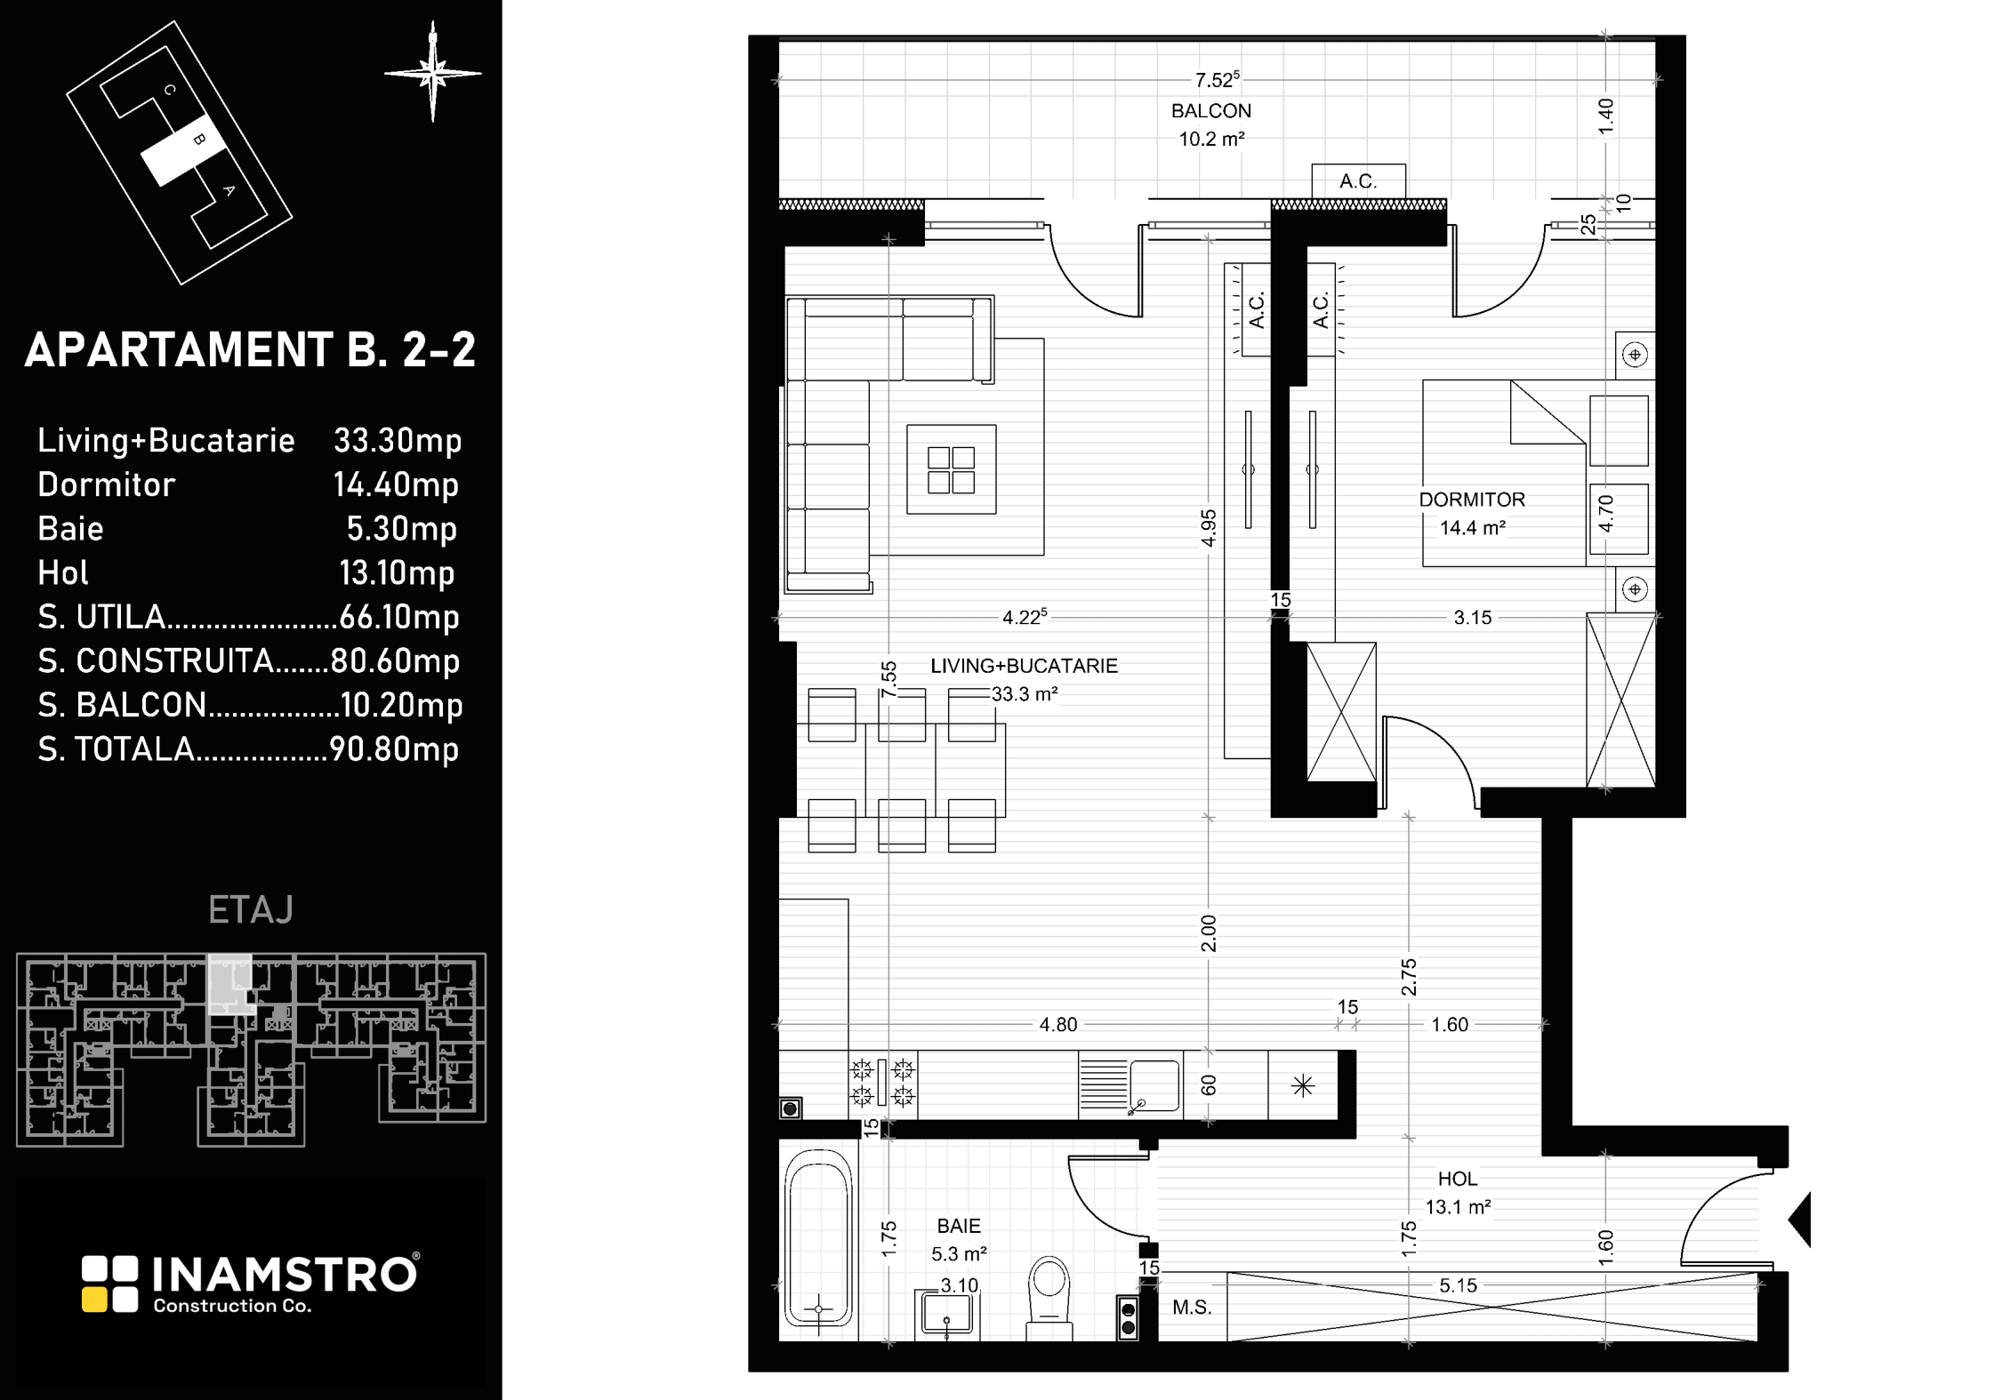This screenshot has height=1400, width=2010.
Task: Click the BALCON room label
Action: click(1210, 111)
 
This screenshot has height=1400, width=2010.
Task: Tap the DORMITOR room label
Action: click(1472, 500)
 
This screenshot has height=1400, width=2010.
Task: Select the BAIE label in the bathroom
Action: click(959, 1226)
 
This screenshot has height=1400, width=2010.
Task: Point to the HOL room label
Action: click(1458, 1179)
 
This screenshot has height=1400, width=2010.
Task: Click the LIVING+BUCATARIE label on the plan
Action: click(1024, 666)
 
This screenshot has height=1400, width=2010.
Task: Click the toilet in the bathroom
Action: click(1049, 1299)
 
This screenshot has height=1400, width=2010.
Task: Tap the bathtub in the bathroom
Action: click(818, 1244)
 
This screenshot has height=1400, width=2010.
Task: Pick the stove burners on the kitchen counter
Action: click(882, 1083)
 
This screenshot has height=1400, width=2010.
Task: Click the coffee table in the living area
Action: click(951, 469)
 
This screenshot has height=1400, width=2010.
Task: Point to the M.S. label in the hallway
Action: click(1192, 1308)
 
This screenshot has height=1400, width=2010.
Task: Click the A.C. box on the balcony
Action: click(1358, 181)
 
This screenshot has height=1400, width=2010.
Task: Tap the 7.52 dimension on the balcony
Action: click(1217, 80)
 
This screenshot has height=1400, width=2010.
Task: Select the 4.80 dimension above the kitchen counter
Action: click(1058, 1025)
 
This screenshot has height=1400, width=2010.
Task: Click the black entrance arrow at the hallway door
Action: click(1799, 1220)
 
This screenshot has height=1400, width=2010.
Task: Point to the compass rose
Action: click(433, 72)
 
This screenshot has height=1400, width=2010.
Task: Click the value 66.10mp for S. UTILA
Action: click(399, 617)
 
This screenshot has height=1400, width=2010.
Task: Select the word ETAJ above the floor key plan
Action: click(251, 909)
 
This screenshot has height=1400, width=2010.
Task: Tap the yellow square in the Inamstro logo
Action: click(93, 1300)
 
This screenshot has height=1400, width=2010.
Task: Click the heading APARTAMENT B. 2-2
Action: click(250, 349)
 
